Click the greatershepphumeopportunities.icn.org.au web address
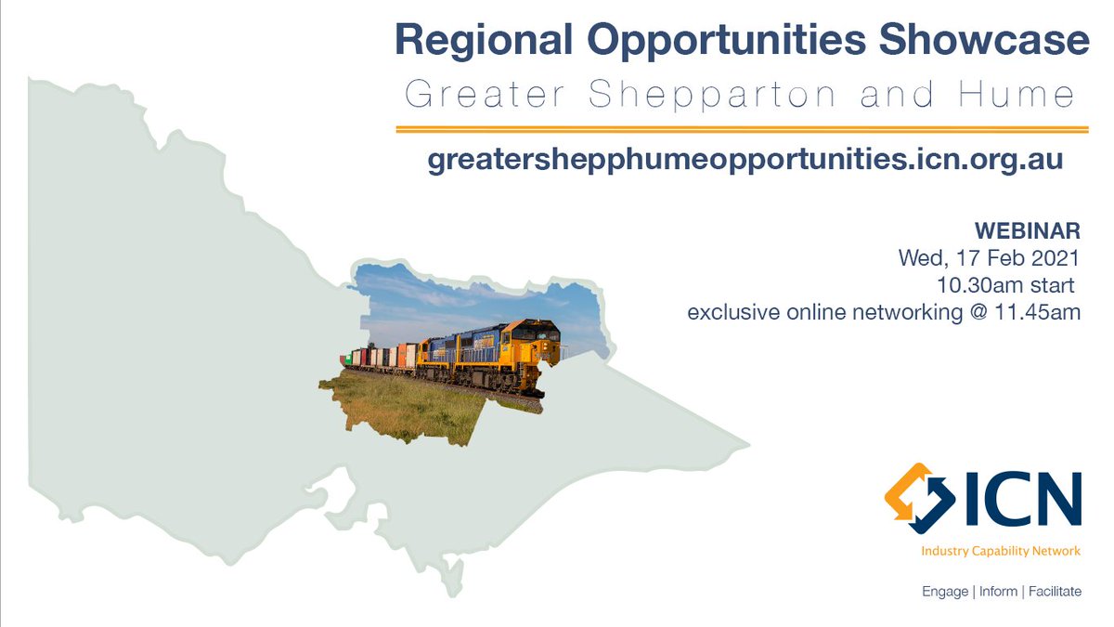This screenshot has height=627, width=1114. pos(745,160)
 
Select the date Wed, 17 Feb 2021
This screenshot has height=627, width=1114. pos(989,257)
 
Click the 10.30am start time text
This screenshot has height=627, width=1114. pos(1009,284)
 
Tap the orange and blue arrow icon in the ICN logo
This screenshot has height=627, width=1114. pos(919,498)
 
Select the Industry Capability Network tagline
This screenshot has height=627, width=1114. pos(1001,551)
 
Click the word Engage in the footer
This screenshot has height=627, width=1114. pos(945,591)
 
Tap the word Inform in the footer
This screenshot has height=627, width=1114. pos(998,591)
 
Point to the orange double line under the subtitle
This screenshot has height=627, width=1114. pos(742,129)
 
